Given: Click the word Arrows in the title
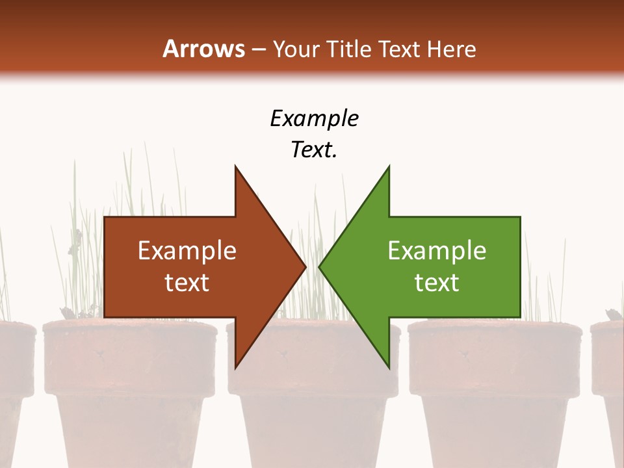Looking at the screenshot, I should tap(203, 49).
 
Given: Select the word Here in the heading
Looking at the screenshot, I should tap(451, 49).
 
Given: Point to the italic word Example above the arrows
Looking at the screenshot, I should tap(314, 118).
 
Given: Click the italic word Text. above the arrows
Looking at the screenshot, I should tap(314, 149).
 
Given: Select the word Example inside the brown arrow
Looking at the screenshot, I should tap(187, 250).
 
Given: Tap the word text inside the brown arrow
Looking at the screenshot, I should tap(187, 282).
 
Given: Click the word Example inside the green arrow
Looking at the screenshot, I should tap(437, 250).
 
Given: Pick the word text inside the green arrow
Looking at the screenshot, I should tap(437, 282).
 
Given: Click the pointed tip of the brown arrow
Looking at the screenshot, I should tap(305, 266).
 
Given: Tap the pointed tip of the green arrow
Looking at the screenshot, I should tap(319, 266).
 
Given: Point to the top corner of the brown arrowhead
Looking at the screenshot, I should tap(235, 166).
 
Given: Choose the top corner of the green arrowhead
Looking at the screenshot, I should tap(389, 166).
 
